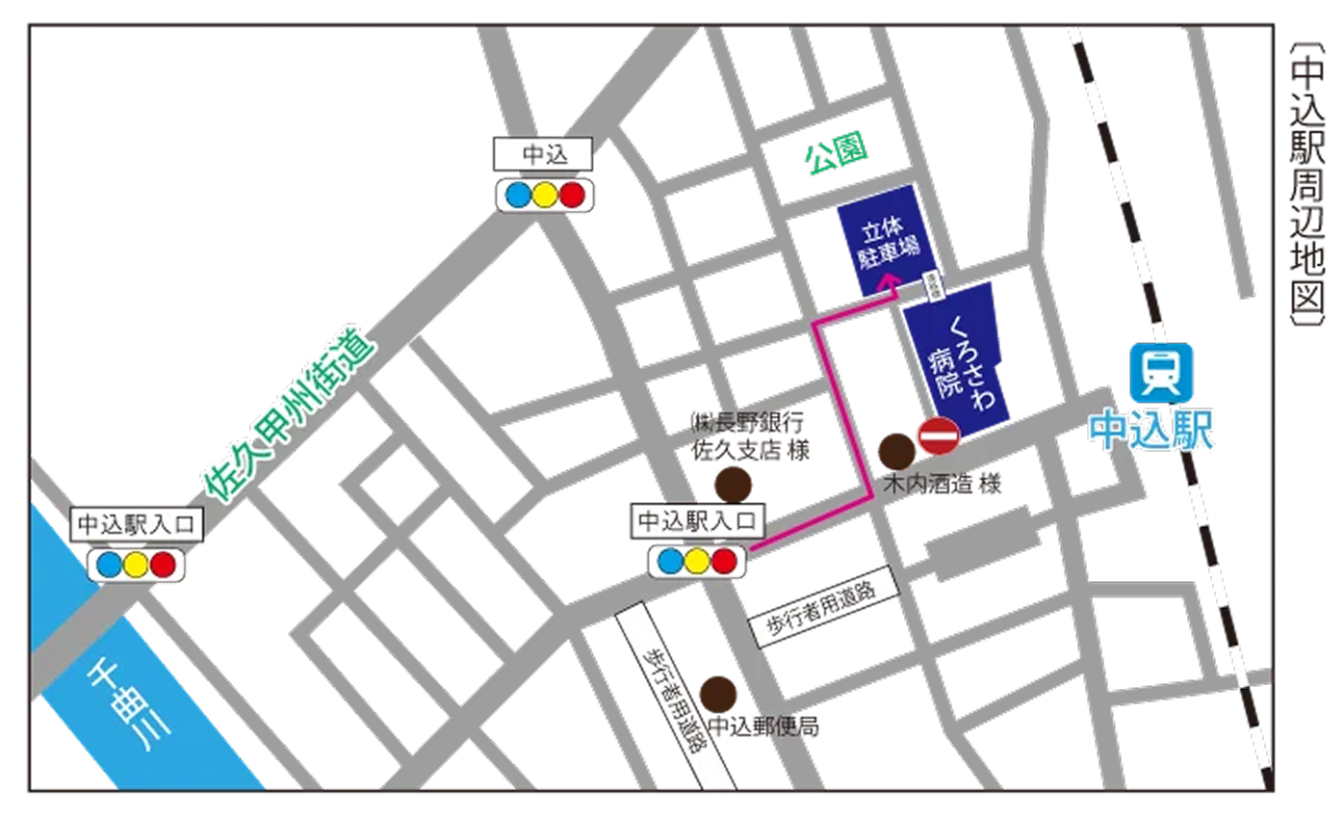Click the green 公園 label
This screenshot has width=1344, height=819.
(837, 153)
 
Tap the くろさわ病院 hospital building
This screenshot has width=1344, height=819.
(958, 361)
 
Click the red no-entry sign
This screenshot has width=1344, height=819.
(938, 436)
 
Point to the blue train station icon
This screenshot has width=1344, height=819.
(1161, 372)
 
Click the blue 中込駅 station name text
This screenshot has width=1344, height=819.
(1151, 431)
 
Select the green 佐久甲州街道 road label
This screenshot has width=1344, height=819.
(289, 415)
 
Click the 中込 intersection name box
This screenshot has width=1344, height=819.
(544, 154)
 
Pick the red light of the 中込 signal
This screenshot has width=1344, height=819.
(573, 195)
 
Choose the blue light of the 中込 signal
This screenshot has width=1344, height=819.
(518, 195)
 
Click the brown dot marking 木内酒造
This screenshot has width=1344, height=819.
(897, 451)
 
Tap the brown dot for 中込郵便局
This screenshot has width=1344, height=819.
(718, 694)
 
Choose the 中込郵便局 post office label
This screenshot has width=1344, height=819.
(763, 727)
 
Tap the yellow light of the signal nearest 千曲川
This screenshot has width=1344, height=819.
(137, 565)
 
